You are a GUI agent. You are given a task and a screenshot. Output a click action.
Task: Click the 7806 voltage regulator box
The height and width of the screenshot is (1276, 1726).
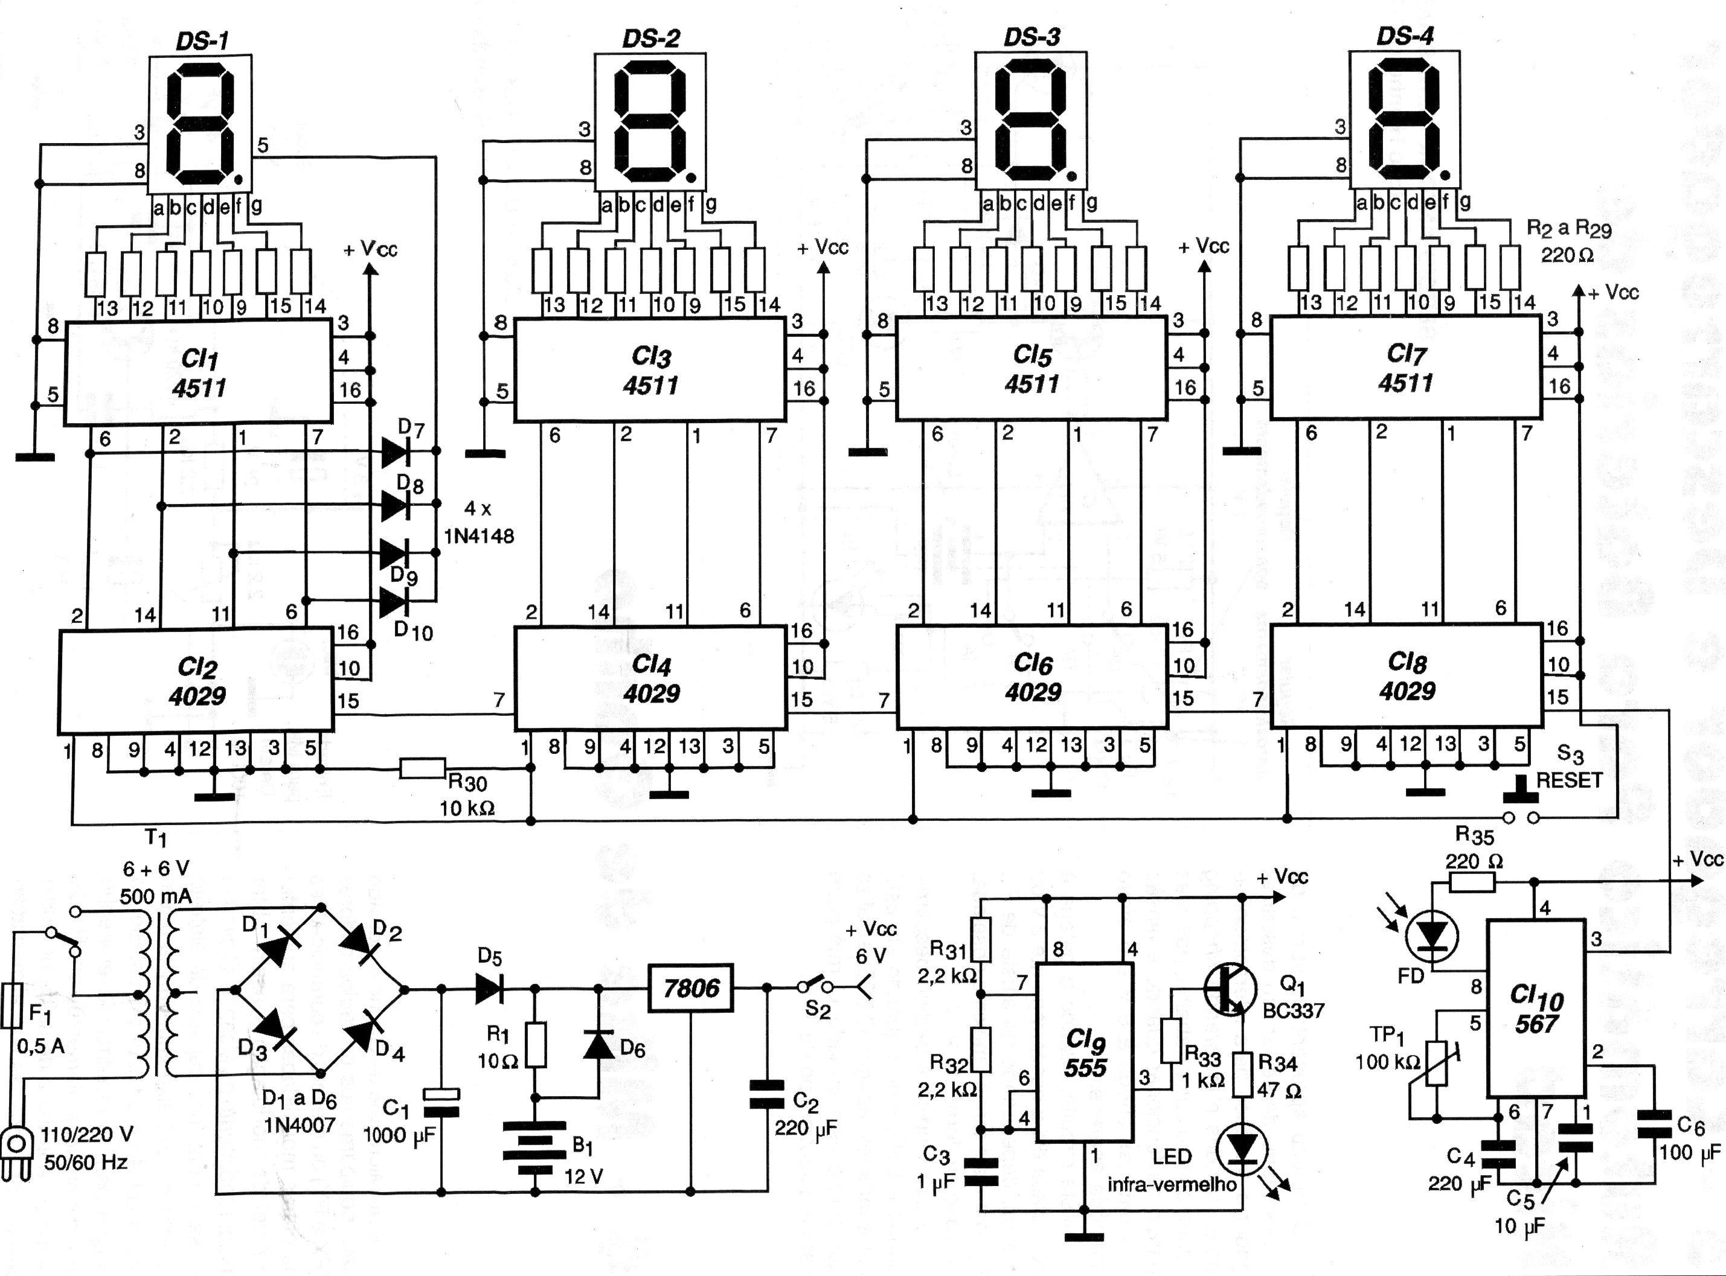(691, 988)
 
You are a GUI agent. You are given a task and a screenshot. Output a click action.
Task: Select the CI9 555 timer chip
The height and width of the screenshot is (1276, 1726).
(1085, 1052)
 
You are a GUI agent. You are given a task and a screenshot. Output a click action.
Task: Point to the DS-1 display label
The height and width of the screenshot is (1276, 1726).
(202, 40)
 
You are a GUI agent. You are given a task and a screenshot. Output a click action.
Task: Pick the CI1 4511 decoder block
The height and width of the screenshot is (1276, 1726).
(198, 372)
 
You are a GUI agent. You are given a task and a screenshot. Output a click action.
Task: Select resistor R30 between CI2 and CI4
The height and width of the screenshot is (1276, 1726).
(423, 768)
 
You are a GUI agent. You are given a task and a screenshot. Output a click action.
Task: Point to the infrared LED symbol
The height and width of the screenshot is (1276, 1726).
(1243, 1151)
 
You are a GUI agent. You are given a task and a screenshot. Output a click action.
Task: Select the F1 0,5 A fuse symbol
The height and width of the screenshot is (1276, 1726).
(11, 1005)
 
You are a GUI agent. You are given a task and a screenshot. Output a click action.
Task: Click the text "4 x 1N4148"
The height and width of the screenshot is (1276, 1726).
(478, 522)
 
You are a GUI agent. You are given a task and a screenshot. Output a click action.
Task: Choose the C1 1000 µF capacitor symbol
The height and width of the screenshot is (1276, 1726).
(441, 1103)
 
